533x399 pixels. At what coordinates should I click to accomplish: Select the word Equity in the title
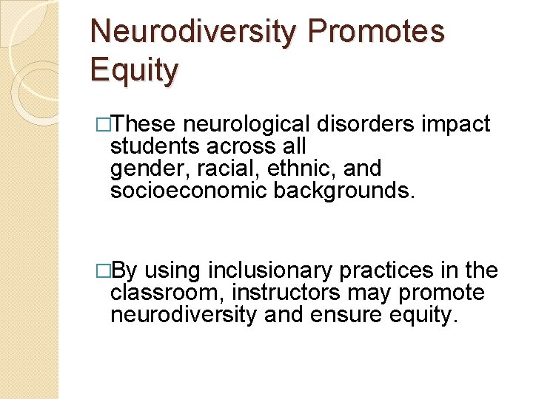click(x=134, y=72)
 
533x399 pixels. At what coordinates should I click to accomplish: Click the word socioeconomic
click(x=189, y=191)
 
